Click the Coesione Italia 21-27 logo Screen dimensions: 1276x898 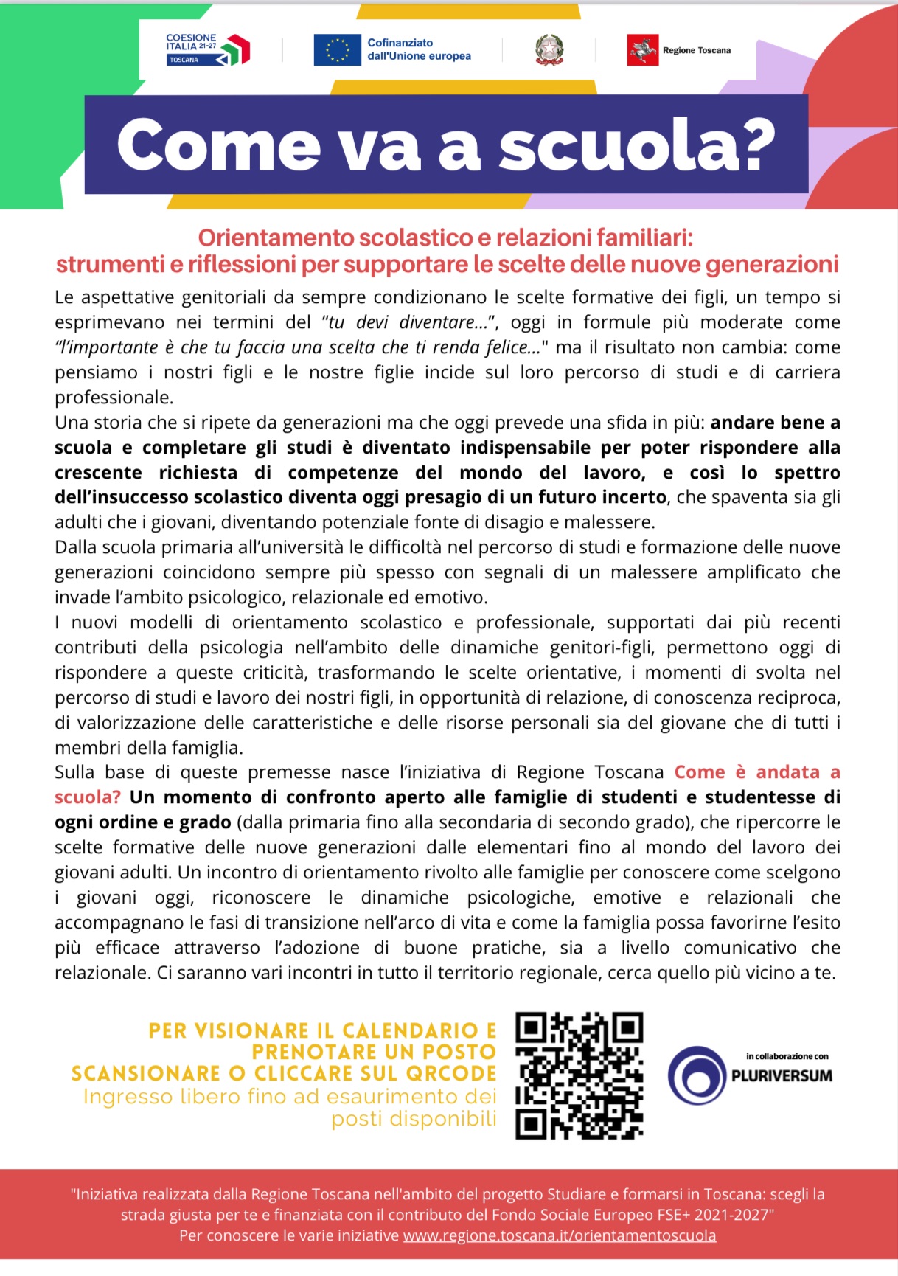click(x=208, y=49)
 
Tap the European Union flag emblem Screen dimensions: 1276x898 click(x=337, y=50)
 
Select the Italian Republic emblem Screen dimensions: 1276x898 click(x=549, y=50)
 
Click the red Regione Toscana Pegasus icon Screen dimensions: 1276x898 click(x=642, y=50)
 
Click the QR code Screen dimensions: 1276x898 click(x=579, y=1076)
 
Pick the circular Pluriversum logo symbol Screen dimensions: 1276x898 click(x=697, y=1075)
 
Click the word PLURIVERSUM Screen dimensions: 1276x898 click(x=782, y=1075)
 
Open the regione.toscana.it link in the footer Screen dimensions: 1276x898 click(x=559, y=1235)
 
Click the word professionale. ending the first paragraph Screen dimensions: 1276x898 click(x=114, y=398)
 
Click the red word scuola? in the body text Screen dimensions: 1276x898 click(x=87, y=797)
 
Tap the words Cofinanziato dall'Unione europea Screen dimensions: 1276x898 click(x=419, y=49)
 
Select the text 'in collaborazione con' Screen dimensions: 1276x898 click(x=787, y=1056)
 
